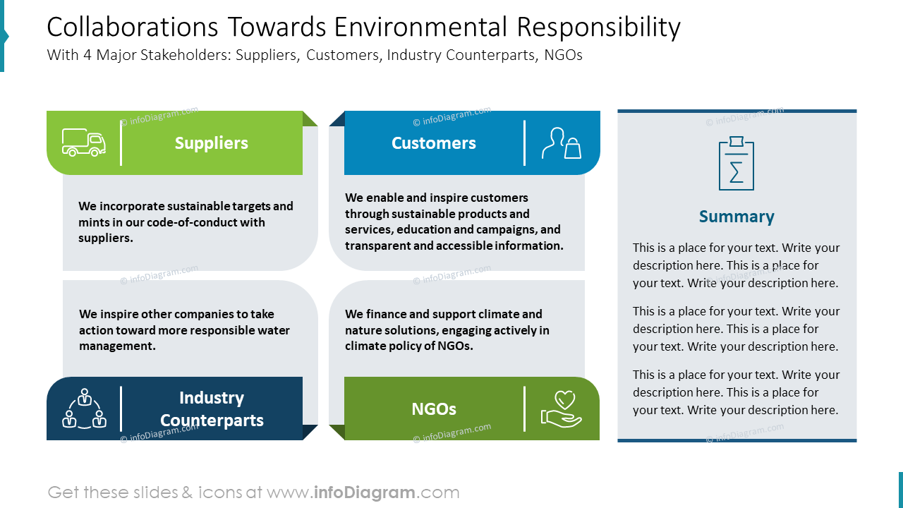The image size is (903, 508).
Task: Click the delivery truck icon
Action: coord(84,143)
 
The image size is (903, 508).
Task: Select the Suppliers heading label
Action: coord(211,143)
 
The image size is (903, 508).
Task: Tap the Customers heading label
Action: coord(433,143)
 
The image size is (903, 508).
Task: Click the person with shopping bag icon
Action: coord(562,143)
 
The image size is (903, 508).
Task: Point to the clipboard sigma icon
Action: coord(737,164)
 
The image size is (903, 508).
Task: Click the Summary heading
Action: coord(737,217)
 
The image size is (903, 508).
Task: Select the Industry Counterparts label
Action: coord(212,409)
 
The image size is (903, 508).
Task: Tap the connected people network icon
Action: coord(84,409)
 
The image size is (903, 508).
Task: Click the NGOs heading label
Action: coord(433,409)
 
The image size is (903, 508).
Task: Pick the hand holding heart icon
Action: coord(562,409)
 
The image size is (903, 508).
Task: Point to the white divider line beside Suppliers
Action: coord(121,143)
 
